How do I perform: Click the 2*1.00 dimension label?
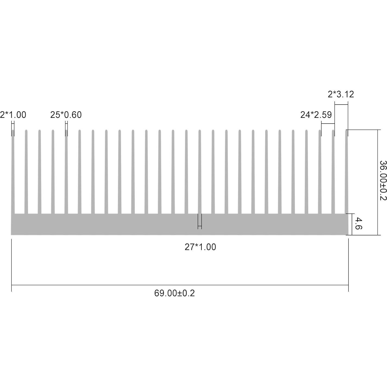coord(13,115)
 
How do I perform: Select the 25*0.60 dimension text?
coord(66,115)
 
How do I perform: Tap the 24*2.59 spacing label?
coord(316,115)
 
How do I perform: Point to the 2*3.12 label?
coord(341,94)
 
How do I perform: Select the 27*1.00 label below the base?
coord(200,247)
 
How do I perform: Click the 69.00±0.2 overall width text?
coord(174,293)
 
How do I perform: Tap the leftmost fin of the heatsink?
coord(13,171)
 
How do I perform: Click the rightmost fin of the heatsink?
coord(347,171)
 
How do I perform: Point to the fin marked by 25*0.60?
coord(66,171)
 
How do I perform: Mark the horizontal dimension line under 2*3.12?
coord(341,104)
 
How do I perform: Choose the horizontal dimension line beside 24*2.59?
coord(328,124)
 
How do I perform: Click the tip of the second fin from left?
coord(26,131)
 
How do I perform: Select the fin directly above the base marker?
coord(200,171)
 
